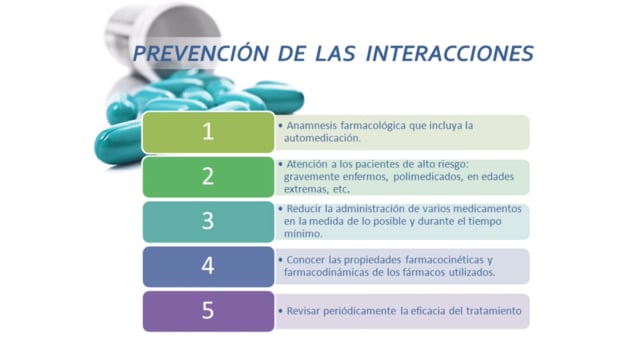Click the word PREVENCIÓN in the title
201,53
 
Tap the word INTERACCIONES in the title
450,53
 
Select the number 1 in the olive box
208,132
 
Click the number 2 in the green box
208,176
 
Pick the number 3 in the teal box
208,221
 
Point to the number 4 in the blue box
208,266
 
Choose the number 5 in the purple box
208,311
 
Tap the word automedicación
322,138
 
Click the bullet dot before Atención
280,164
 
